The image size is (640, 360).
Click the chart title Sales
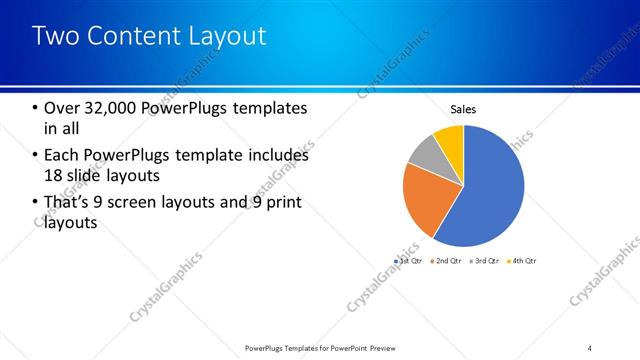pyautogui.click(x=463, y=108)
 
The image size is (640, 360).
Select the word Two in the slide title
pyautogui.click(x=54, y=36)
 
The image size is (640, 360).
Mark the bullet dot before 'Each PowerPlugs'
pyautogui.click(x=36, y=156)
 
